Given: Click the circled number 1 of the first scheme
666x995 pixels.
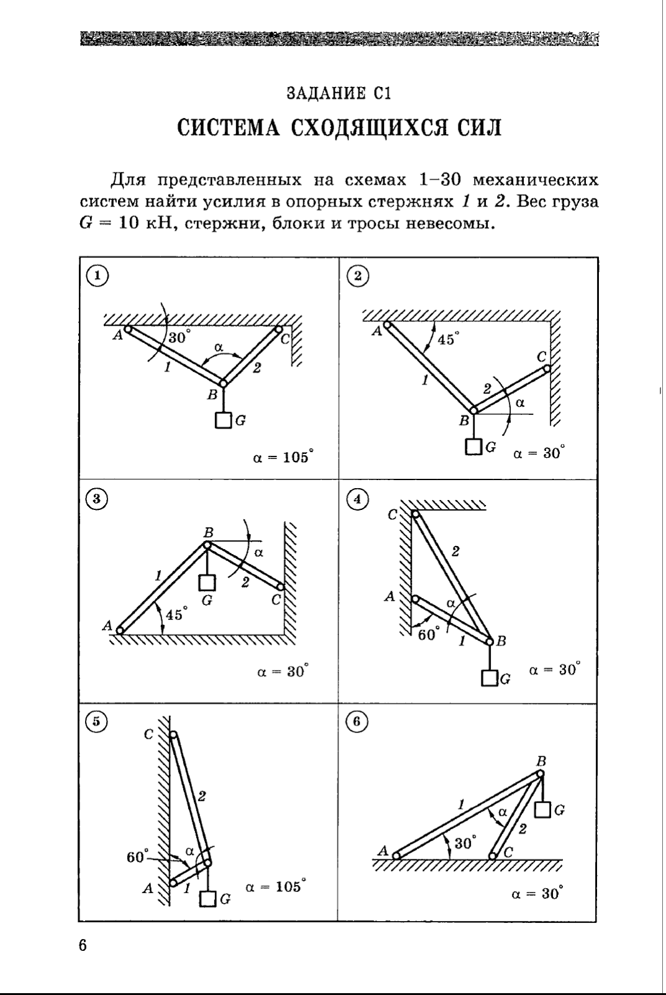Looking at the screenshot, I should click(96, 275).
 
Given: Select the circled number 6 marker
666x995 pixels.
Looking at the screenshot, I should click(357, 721).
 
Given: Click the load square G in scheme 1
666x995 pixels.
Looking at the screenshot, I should click(224, 420).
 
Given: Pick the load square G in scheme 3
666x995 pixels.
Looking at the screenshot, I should click(207, 583).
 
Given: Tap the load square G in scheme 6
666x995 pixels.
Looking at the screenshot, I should click(543, 810).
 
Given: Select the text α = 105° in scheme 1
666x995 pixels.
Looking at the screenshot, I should click(283, 458).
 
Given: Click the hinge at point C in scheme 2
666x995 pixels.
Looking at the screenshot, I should click(547, 368).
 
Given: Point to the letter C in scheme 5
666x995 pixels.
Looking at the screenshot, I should click(148, 734).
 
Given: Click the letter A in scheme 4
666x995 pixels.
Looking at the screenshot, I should click(390, 597).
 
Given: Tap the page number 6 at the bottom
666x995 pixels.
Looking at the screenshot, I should click(83, 945).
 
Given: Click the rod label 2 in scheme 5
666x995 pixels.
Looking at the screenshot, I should click(202, 795).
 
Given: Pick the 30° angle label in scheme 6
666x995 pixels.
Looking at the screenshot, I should click(465, 843).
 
